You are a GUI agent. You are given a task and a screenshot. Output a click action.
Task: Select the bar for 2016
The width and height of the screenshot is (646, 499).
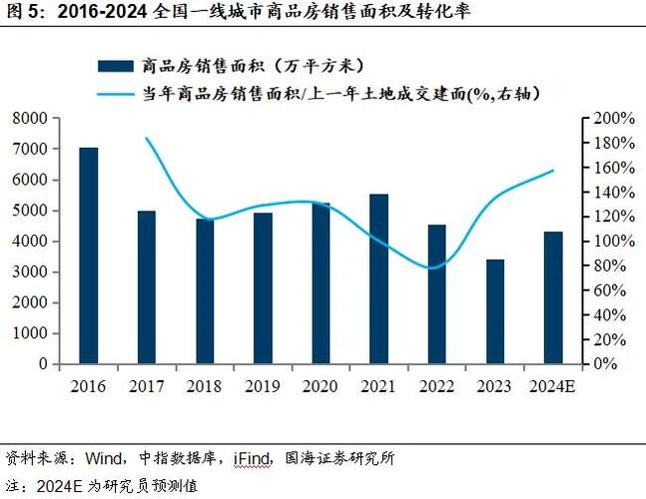[89, 255]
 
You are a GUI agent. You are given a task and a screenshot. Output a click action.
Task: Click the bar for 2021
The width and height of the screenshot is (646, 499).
[378, 278]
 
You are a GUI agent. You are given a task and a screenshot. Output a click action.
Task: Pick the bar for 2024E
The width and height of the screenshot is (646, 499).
[553, 297]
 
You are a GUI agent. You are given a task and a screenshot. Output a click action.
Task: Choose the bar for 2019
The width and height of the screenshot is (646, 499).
[263, 288]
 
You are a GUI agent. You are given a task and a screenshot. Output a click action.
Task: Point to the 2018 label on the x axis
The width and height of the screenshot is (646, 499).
[205, 386]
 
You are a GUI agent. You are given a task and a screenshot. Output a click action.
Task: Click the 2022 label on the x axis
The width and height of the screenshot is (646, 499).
[436, 386]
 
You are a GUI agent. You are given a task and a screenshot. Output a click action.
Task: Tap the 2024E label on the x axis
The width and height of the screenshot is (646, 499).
[553, 386]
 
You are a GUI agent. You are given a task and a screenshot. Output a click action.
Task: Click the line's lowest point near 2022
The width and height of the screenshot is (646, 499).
[432, 267]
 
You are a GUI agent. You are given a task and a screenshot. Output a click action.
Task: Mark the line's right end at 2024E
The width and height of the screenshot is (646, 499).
[553, 171]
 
